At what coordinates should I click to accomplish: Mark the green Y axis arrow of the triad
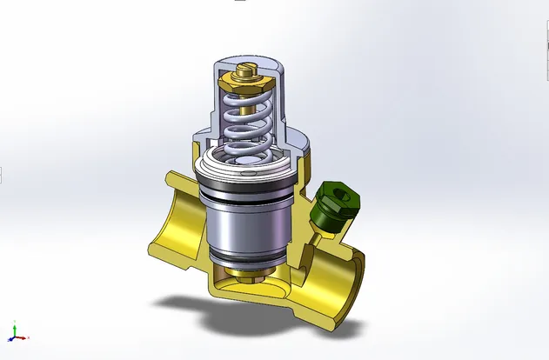click(x=13, y=326)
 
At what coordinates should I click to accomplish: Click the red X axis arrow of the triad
click(x=24, y=337)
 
